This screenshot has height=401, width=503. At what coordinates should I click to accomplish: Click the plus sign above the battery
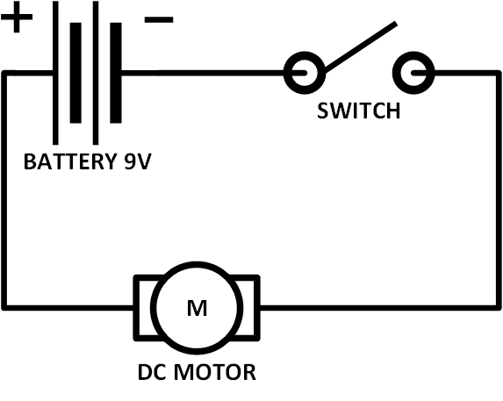pyautogui.click(x=18, y=18)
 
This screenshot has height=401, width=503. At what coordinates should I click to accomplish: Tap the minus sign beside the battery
pyautogui.click(x=159, y=19)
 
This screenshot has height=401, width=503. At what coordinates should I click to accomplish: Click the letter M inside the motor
pyautogui.click(x=195, y=308)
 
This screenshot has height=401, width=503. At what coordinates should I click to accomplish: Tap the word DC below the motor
pyautogui.click(x=152, y=372)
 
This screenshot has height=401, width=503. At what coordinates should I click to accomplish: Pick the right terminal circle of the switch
pyautogui.click(x=413, y=73)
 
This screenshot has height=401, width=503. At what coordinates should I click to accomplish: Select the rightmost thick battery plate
pyautogui.click(x=115, y=73)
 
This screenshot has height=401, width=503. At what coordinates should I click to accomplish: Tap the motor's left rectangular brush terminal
pyautogui.click(x=142, y=307)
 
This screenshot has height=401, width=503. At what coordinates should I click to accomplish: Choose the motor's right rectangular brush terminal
pyautogui.click(x=248, y=307)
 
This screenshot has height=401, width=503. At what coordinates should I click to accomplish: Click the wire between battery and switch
pyautogui.click(x=202, y=73)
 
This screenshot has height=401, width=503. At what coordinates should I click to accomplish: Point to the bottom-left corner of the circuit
pyautogui.click(x=5, y=307)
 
